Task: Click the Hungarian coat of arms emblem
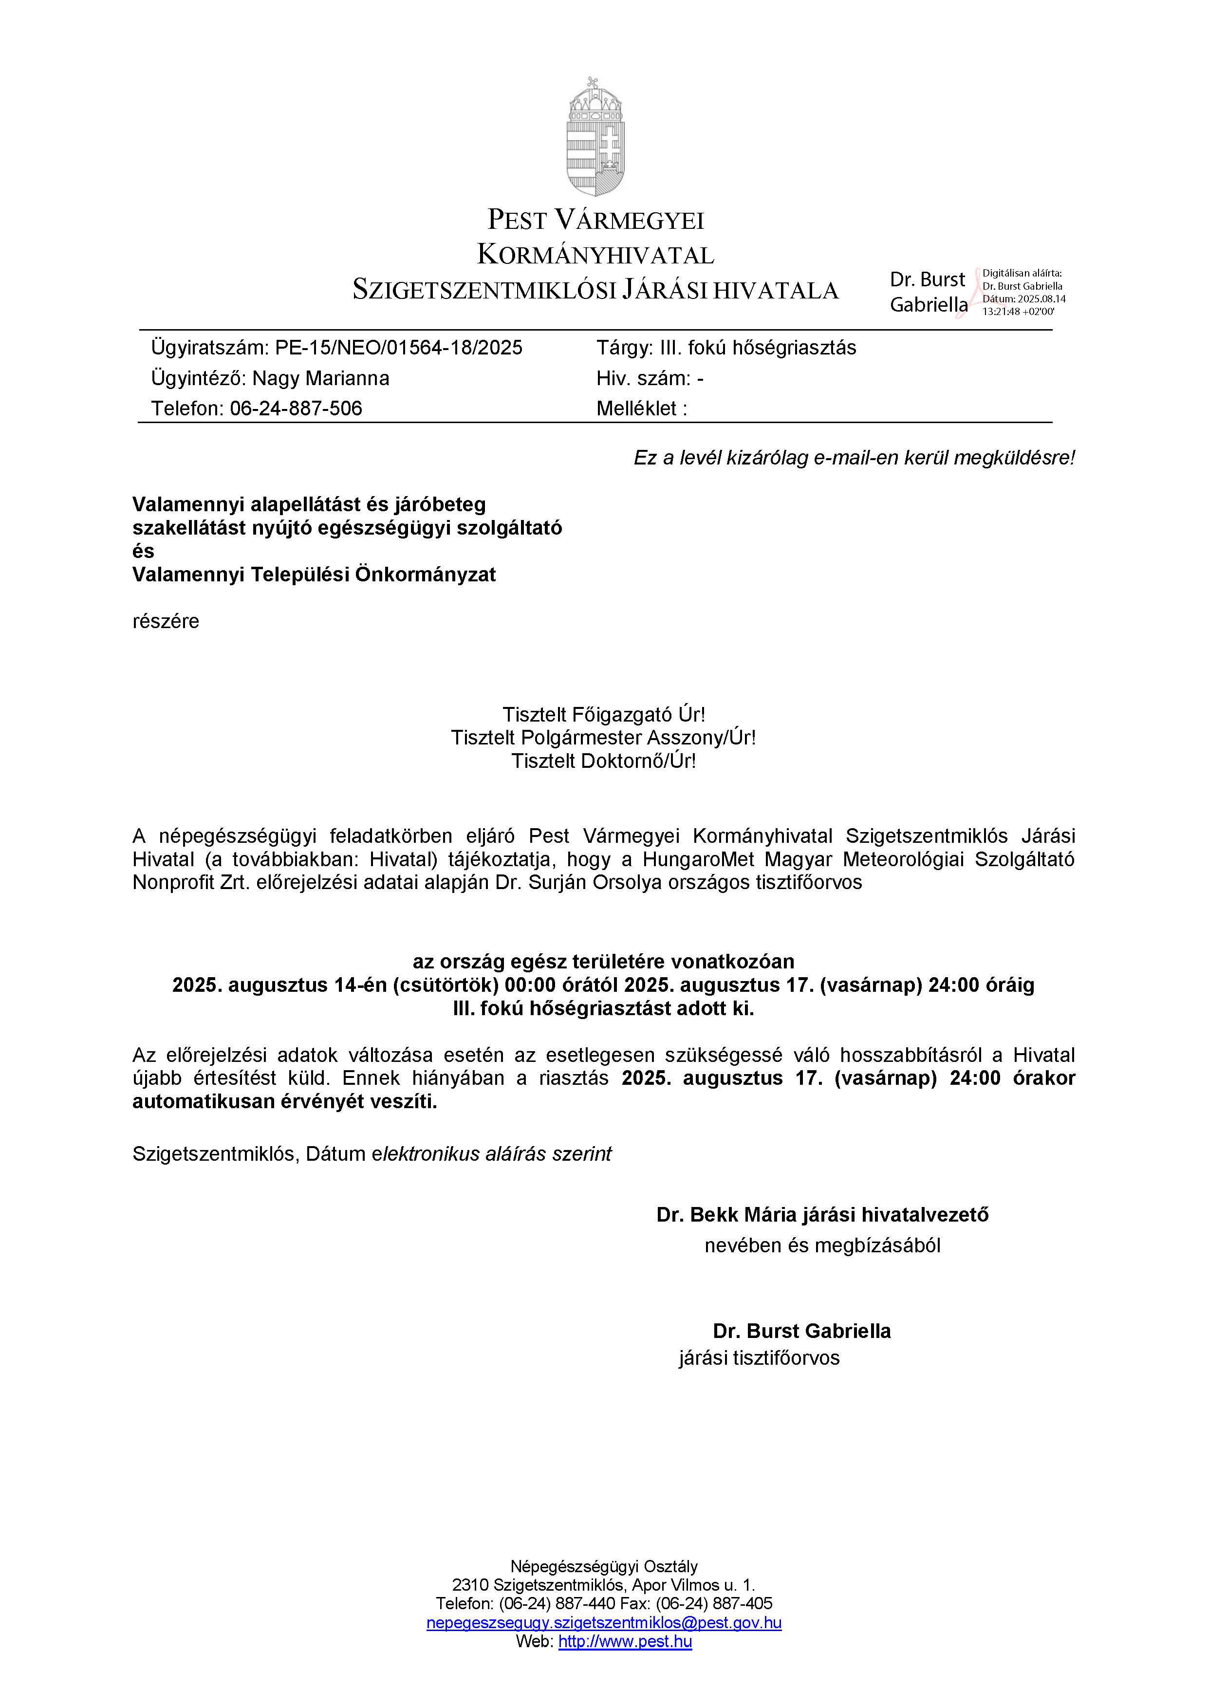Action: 595,138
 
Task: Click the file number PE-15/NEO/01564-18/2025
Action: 399,348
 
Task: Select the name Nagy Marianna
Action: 320,379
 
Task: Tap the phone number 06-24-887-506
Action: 296,408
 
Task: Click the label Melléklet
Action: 637,408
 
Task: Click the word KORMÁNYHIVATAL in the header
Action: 595,255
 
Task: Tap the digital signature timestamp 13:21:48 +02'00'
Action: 1018,312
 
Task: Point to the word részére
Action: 166,621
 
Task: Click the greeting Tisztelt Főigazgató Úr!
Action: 603,715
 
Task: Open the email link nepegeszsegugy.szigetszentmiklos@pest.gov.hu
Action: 603,1622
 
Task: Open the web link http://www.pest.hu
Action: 625,1641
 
